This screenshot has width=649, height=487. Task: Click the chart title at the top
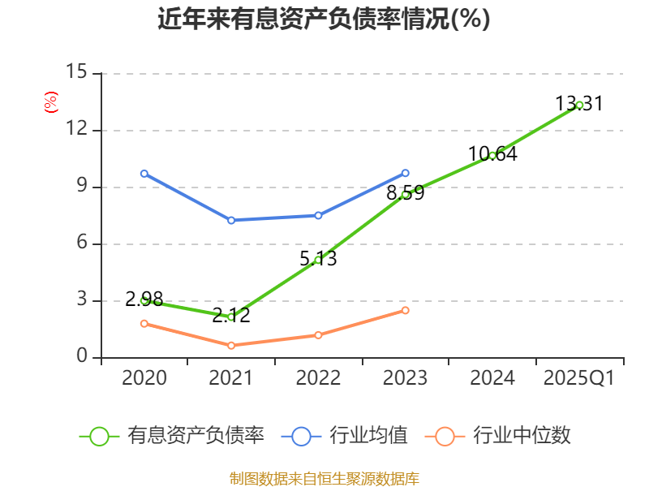pyautogui.click(x=324, y=19)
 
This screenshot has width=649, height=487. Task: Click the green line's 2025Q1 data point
pyautogui.click(x=579, y=105)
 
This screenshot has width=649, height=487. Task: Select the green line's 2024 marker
pyautogui.click(x=492, y=155)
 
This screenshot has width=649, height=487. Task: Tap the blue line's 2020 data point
pyautogui.click(x=144, y=174)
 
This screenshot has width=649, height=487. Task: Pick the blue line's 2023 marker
pyautogui.click(x=406, y=173)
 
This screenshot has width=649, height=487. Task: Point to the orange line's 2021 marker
pyautogui.click(x=231, y=346)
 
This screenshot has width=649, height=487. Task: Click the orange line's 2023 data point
pyautogui.click(x=406, y=310)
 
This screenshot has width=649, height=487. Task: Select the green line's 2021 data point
pyautogui.click(x=231, y=317)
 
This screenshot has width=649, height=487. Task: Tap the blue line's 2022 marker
pyautogui.click(x=318, y=215)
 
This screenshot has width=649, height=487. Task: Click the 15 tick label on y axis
pyautogui.click(x=76, y=72)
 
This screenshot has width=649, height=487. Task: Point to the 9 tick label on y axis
pyautogui.click(x=81, y=187)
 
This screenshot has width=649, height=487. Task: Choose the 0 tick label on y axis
pyautogui.click(x=81, y=357)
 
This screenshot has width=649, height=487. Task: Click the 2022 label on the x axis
pyautogui.click(x=318, y=378)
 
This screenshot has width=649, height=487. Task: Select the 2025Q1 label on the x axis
pyautogui.click(x=578, y=378)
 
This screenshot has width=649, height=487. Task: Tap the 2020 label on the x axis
pyautogui.click(x=144, y=378)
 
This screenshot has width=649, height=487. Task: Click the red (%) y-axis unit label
pyautogui.click(x=51, y=103)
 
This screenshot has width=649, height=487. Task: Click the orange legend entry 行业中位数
pyautogui.click(x=503, y=436)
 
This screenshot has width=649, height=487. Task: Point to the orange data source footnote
pyautogui.click(x=324, y=478)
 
